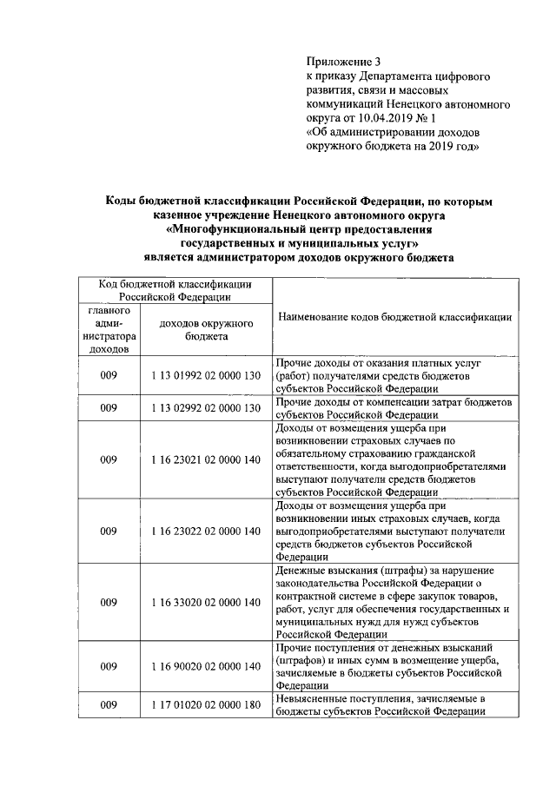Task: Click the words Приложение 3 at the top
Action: click(x=344, y=61)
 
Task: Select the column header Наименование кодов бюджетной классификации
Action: click(x=394, y=318)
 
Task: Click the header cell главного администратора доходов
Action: click(x=109, y=329)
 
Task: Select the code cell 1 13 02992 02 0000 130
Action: click(x=206, y=407)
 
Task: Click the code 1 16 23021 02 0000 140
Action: click(x=206, y=459)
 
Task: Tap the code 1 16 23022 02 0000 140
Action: click(x=206, y=530)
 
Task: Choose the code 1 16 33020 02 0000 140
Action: click(x=206, y=601)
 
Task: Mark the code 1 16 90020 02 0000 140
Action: click(x=206, y=666)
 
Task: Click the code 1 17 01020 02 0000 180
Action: click(x=206, y=705)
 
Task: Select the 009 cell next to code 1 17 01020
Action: click(x=109, y=705)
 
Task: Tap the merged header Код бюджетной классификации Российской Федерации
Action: click(x=175, y=289)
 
